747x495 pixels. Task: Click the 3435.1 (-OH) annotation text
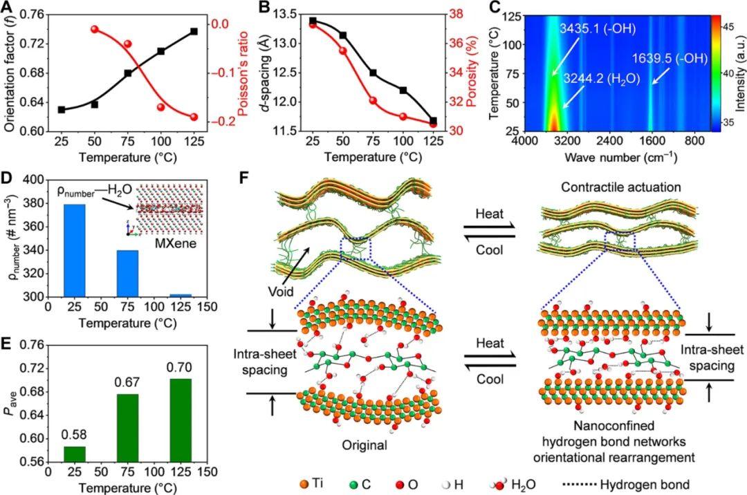(x=597, y=29)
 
